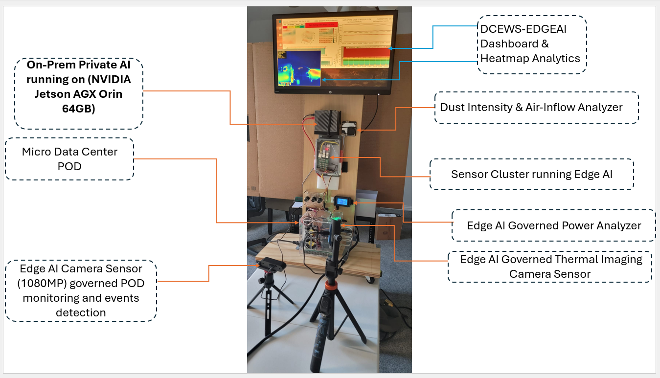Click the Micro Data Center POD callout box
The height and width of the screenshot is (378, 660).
click(69, 159)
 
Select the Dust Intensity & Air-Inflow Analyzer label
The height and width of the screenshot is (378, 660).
click(531, 107)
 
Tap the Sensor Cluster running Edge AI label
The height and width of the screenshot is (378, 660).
click(531, 174)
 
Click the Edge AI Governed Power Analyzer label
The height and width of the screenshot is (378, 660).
click(553, 225)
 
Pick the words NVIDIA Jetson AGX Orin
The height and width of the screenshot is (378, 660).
click(79, 87)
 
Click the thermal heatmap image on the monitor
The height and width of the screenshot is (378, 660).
click(299, 66)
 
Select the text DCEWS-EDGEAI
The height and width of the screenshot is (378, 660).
click(523, 29)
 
